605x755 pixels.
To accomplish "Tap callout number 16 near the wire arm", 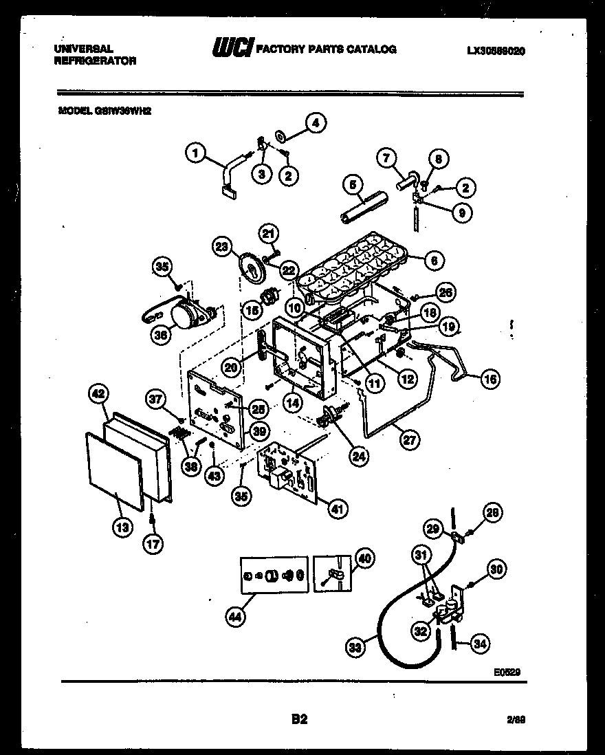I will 490,377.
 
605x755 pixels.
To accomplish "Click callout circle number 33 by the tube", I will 355,646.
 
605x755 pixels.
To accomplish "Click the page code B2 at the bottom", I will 299,719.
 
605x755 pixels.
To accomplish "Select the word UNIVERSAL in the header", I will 84,49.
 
